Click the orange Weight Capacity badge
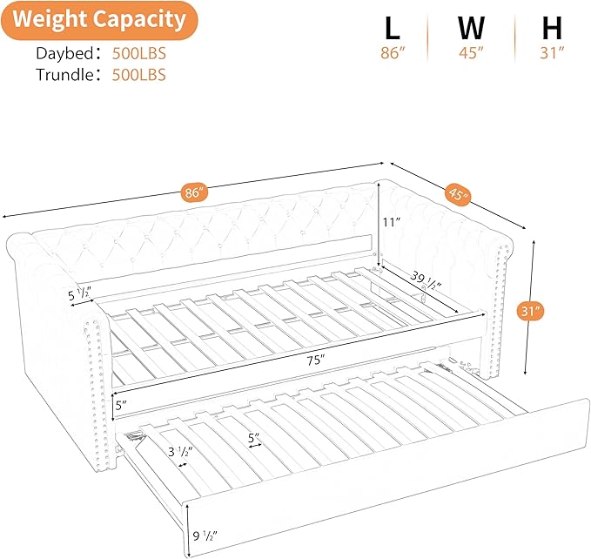(99, 20)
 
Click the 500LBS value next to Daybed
(139, 53)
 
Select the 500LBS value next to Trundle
(139, 75)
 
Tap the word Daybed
(64, 53)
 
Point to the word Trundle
(64, 75)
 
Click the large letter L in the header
(393, 28)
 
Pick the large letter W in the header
(471, 28)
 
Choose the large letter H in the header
(552, 28)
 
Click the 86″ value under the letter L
(393, 53)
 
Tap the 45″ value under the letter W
(471, 53)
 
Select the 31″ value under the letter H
(552, 53)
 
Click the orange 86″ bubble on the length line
(194, 192)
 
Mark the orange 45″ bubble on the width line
(459, 194)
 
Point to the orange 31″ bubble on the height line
(531, 312)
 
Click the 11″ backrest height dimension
(391, 222)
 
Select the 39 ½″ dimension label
(426, 281)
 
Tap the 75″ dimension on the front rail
(316, 360)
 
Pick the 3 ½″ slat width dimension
(180, 451)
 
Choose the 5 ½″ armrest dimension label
(79, 293)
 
